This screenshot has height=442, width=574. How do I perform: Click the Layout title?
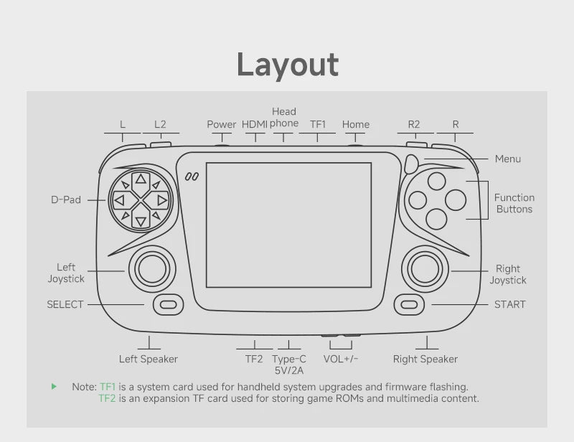[x=288, y=65]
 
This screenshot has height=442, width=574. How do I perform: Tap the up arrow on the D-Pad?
[x=141, y=179]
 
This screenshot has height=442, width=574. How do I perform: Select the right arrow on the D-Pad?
[x=162, y=200]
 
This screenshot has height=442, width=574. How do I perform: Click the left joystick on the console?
[x=152, y=269]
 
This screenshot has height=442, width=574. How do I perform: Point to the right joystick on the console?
[x=425, y=269]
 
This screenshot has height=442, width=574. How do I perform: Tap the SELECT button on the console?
[x=168, y=305]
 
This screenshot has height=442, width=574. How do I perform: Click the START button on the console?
[x=409, y=305]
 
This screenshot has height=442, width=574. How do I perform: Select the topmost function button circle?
[x=436, y=181]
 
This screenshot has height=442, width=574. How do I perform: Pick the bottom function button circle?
[x=436, y=219]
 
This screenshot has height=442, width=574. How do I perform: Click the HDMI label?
[x=255, y=125]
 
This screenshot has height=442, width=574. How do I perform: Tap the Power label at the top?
[x=222, y=125]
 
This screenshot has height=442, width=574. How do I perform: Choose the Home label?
[x=355, y=125]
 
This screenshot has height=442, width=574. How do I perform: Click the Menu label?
[x=508, y=159]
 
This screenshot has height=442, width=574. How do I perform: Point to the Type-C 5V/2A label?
[x=289, y=365]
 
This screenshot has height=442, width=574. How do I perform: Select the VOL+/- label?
[x=340, y=359]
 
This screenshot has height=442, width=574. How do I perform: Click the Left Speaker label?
[x=149, y=359]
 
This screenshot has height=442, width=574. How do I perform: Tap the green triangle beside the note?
[x=55, y=386]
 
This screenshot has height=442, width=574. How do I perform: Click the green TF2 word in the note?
[x=107, y=398]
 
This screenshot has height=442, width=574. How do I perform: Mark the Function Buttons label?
[x=514, y=203]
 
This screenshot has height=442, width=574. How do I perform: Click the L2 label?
[x=160, y=125]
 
